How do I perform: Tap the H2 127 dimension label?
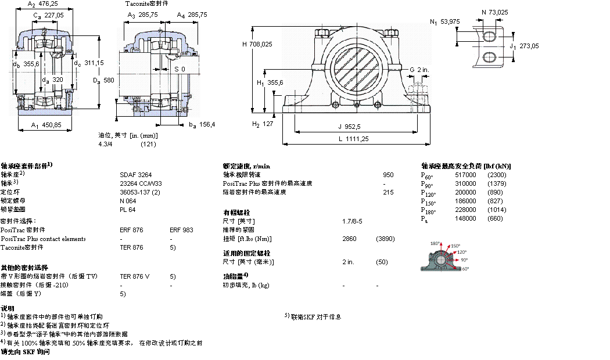point(262,124)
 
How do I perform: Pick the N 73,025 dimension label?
point(495,12)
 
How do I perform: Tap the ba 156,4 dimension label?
point(202,124)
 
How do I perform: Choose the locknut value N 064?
point(127,200)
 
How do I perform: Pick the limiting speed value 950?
point(388,174)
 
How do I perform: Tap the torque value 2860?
point(350,239)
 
